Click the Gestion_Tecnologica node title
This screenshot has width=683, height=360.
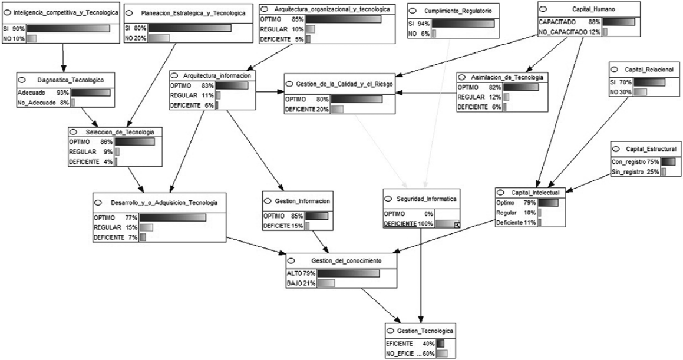click(x=424, y=331)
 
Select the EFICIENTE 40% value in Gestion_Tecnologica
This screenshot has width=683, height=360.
click(x=410, y=344)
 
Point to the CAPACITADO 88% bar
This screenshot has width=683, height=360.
click(x=619, y=22)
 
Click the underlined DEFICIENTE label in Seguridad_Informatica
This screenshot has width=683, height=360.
click(x=400, y=224)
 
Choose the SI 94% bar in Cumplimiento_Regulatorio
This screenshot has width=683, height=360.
click(x=463, y=24)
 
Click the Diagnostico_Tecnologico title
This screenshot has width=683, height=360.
click(x=71, y=80)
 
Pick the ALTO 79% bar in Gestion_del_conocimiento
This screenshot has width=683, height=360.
click(x=348, y=273)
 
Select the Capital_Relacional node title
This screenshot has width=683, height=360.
click(x=649, y=69)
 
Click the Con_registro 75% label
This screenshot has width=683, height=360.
click(x=635, y=161)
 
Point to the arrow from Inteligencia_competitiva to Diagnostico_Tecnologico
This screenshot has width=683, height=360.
click(x=63, y=58)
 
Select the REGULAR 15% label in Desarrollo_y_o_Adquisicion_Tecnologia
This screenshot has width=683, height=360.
click(x=116, y=227)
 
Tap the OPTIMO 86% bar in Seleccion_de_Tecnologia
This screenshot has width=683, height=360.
click(x=134, y=142)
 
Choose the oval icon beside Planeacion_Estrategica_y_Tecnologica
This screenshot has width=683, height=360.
click(x=130, y=13)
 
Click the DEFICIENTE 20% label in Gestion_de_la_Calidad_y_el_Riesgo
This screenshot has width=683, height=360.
click(x=306, y=109)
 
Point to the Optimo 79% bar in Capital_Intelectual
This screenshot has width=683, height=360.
click(x=548, y=203)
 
